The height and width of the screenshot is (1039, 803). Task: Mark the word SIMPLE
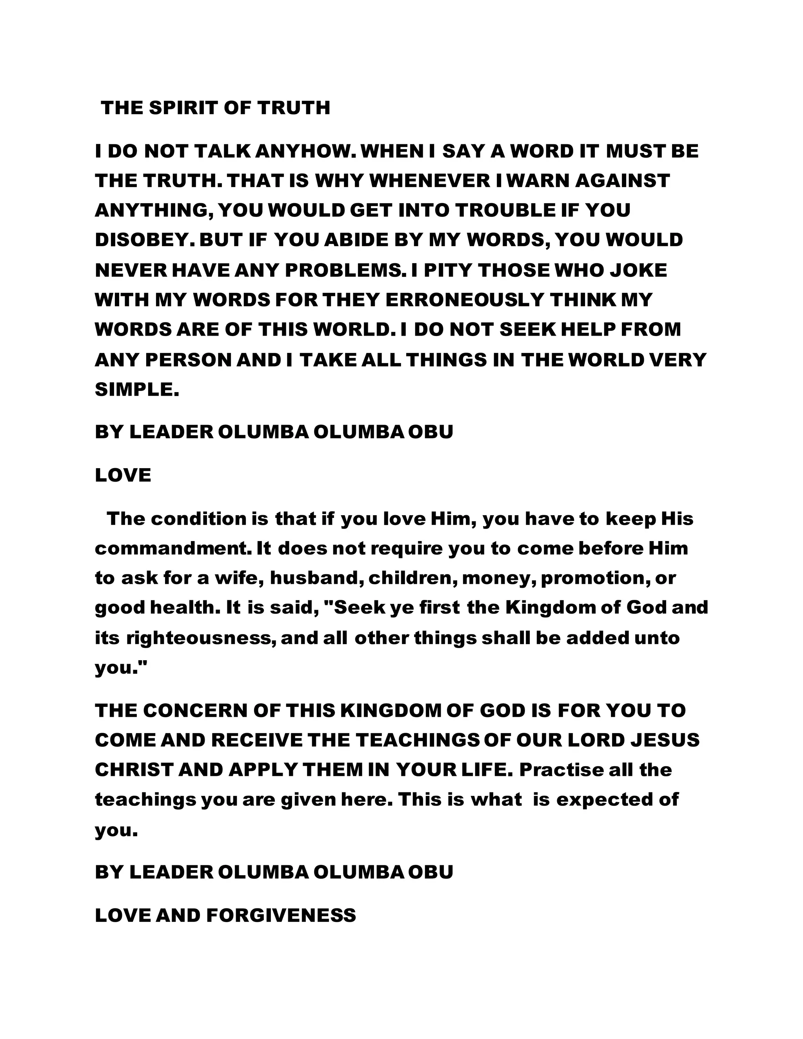137,389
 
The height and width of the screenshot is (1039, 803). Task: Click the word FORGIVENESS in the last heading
282,915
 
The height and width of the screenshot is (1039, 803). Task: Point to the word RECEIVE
257,740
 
